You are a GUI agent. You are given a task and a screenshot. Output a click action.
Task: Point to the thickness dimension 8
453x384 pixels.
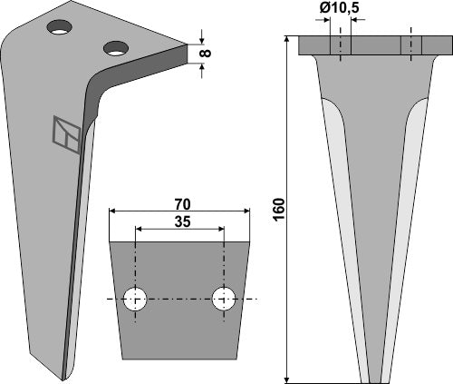(204, 54)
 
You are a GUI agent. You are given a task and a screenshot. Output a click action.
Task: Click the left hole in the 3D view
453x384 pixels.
(61, 28)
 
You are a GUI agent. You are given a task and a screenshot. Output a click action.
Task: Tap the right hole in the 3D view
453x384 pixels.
(114, 46)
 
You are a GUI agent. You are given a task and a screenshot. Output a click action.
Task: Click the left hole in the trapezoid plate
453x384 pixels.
(136, 300)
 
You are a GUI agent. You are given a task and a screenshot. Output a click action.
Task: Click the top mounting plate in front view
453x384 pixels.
(376, 45)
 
